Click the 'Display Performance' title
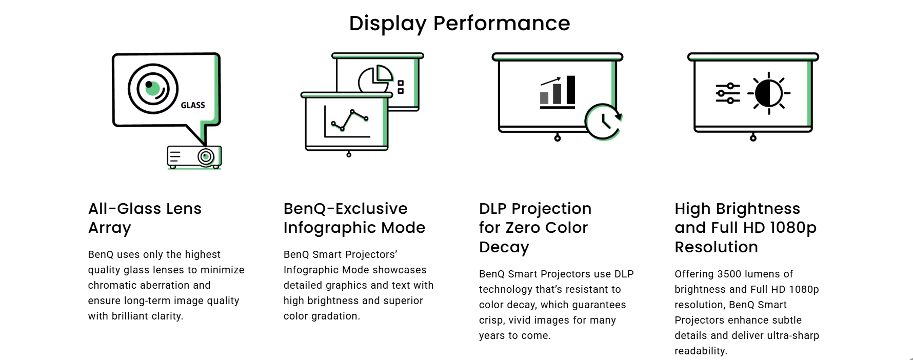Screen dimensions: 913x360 [460, 24]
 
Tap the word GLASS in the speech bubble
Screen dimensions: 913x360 [193, 105]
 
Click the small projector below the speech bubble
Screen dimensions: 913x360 [194, 157]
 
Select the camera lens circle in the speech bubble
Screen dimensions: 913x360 [153, 89]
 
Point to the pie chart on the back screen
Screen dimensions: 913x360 [375, 78]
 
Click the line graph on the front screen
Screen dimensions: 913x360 [347, 122]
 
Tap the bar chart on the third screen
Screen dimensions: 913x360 [558, 92]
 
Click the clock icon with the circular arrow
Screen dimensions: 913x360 [604, 122]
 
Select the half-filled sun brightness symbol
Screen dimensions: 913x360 [769, 93]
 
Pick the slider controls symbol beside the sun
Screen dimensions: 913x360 [728, 93]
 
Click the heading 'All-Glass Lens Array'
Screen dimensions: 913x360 [145, 218]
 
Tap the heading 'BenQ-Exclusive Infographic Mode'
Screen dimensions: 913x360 [354, 218]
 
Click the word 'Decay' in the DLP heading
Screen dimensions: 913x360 [504, 247]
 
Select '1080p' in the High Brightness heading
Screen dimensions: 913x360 [793, 228]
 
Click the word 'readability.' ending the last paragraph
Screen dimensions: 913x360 [701, 351]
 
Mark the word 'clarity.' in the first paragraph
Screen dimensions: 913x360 [167, 316]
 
